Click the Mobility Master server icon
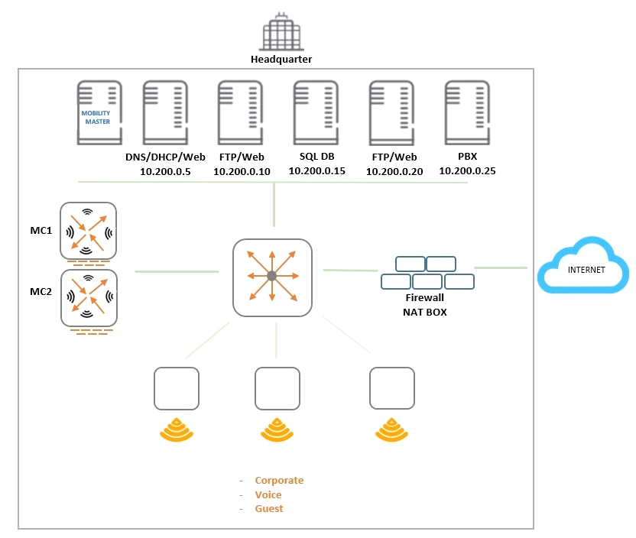[99, 113]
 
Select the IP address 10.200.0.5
[165, 172]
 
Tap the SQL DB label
[316, 157]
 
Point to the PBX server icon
[467, 113]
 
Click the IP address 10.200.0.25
[467, 171]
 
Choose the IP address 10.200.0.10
[242, 172]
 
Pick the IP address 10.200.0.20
[394, 172]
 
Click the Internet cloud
[582, 268]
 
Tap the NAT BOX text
[424, 312]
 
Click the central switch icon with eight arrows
[272, 277]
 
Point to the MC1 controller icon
[89, 230]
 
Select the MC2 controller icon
[89, 297]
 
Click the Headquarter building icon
[282, 32]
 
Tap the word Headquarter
[281, 59]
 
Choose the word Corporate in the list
[279, 481]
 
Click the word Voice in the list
[268, 494]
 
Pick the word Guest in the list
[269, 509]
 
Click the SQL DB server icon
[316, 113]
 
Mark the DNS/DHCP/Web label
[165, 157]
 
